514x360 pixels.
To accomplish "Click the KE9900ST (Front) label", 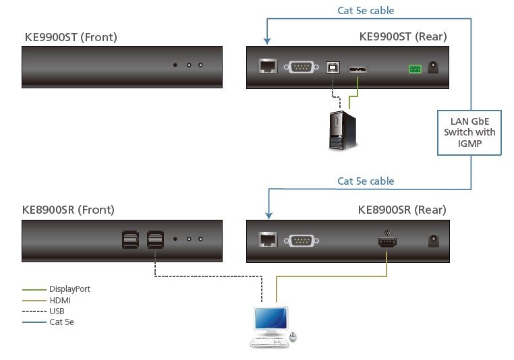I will pyautogui.click(x=71, y=36).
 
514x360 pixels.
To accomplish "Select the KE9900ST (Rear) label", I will pyautogui.click(x=403, y=36).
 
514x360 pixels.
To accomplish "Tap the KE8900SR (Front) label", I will pyautogui.click(x=68, y=210).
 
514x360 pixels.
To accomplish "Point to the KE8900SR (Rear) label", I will pyautogui.click(x=402, y=210).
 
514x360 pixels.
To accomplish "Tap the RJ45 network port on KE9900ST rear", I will pyautogui.click(x=267, y=67).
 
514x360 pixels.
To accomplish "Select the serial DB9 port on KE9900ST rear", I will pyautogui.click(x=301, y=67).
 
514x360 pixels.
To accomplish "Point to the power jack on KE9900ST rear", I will pyautogui.click(x=433, y=67).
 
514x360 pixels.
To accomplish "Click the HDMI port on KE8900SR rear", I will pyautogui.click(x=387, y=239).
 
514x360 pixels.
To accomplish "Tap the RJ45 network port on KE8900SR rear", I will pyautogui.click(x=267, y=239).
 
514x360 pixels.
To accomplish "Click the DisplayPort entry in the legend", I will pyautogui.click(x=69, y=289).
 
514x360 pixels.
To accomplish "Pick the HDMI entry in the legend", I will pyautogui.click(x=59, y=300).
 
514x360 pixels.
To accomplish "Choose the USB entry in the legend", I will pyautogui.click(x=57, y=311).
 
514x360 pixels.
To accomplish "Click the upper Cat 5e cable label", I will pyautogui.click(x=366, y=10).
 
